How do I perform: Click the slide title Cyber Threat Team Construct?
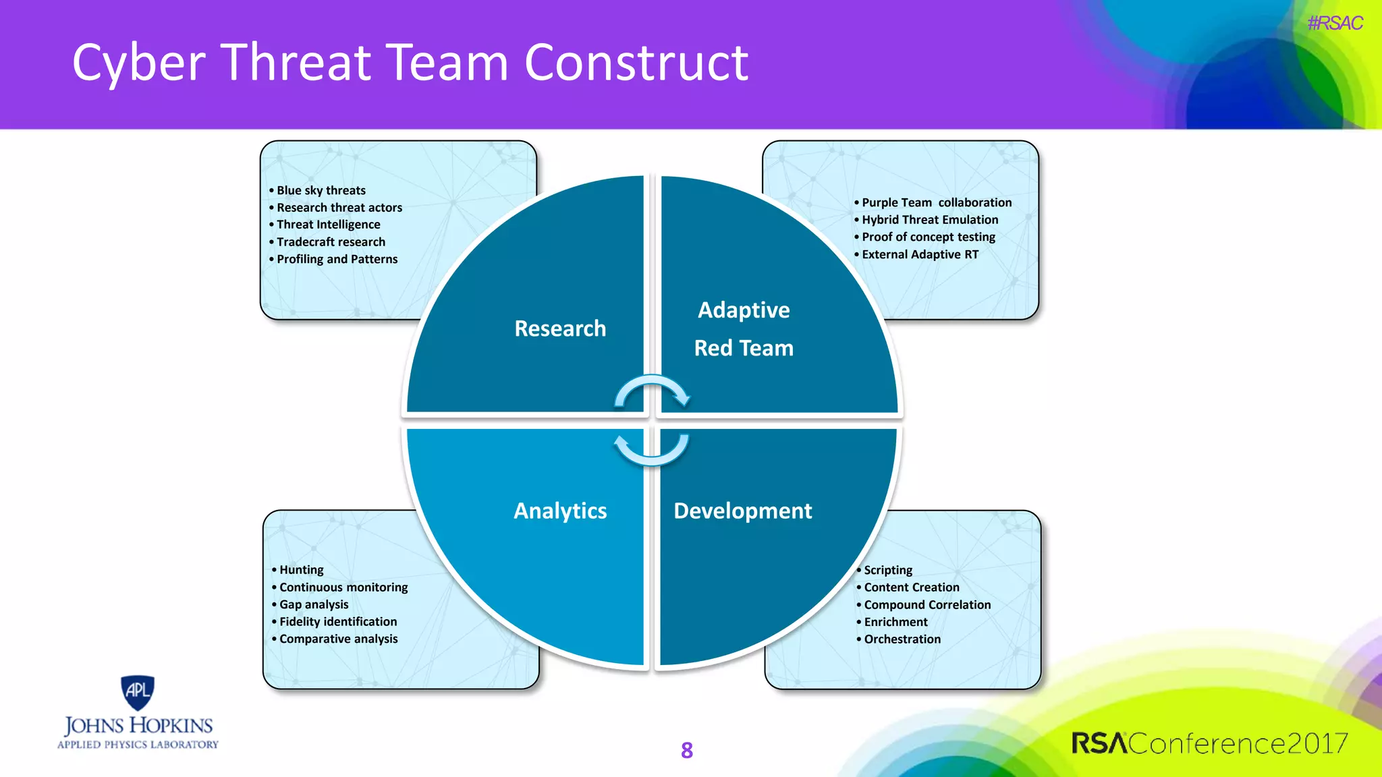pyautogui.click(x=410, y=62)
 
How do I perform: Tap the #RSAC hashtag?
pyautogui.click(x=1334, y=24)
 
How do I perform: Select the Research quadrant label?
pyautogui.click(x=560, y=328)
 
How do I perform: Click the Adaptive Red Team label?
pyautogui.click(x=744, y=329)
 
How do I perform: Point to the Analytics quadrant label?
pyautogui.click(x=560, y=511)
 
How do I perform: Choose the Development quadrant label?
pyautogui.click(x=742, y=511)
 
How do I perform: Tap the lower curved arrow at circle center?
pyautogui.click(x=652, y=451)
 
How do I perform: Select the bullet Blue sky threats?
pyautogui.click(x=321, y=190)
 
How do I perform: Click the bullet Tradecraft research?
pyautogui.click(x=331, y=241)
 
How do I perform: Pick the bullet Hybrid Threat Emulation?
pyautogui.click(x=929, y=219)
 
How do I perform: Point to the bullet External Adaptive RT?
pyautogui.click(x=920, y=254)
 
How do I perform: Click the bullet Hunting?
pyautogui.click(x=301, y=570)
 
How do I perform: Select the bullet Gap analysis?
pyautogui.click(x=314, y=604)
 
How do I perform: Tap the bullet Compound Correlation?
pyautogui.click(x=927, y=604)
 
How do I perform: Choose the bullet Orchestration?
pyautogui.click(x=902, y=639)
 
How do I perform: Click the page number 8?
pyautogui.click(x=687, y=750)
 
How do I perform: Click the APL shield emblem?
pyautogui.click(x=138, y=692)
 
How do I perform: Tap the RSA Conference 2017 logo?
pyautogui.click(x=1209, y=743)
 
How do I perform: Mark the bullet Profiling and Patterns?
pyautogui.click(x=337, y=259)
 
